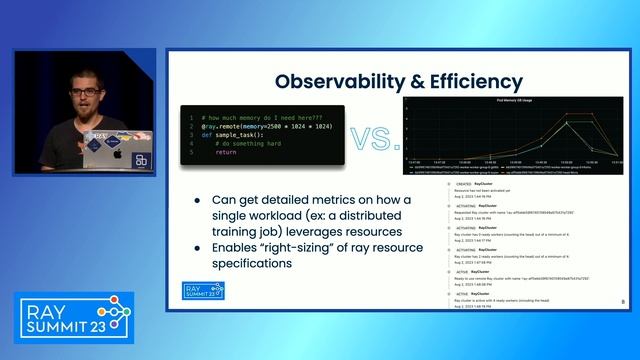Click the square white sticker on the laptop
point(141,160)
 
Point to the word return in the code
point(225,152)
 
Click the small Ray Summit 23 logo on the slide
point(204,290)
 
